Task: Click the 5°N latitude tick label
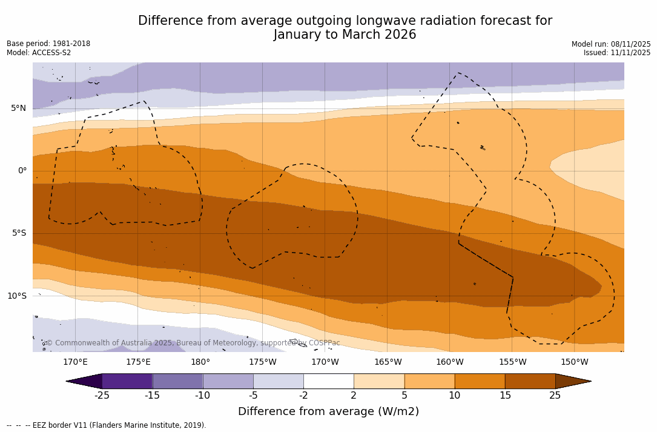(18, 108)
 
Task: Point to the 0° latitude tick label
(22, 171)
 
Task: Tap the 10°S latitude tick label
(16, 296)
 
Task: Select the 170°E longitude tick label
(75, 362)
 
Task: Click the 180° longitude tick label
(200, 362)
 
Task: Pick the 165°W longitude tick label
(388, 362)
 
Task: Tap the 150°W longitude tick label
(574, 362)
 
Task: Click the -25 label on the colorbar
(102, 396)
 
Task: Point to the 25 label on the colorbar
(555, 396)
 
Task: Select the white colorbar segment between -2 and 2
(328, 381)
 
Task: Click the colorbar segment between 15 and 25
(530, 381)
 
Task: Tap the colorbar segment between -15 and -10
(177, 381)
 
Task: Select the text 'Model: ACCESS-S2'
(39, 53)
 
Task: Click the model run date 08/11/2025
(630, 44)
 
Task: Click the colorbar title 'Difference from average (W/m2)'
(328, 412)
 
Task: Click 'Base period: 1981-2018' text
(48, 44)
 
